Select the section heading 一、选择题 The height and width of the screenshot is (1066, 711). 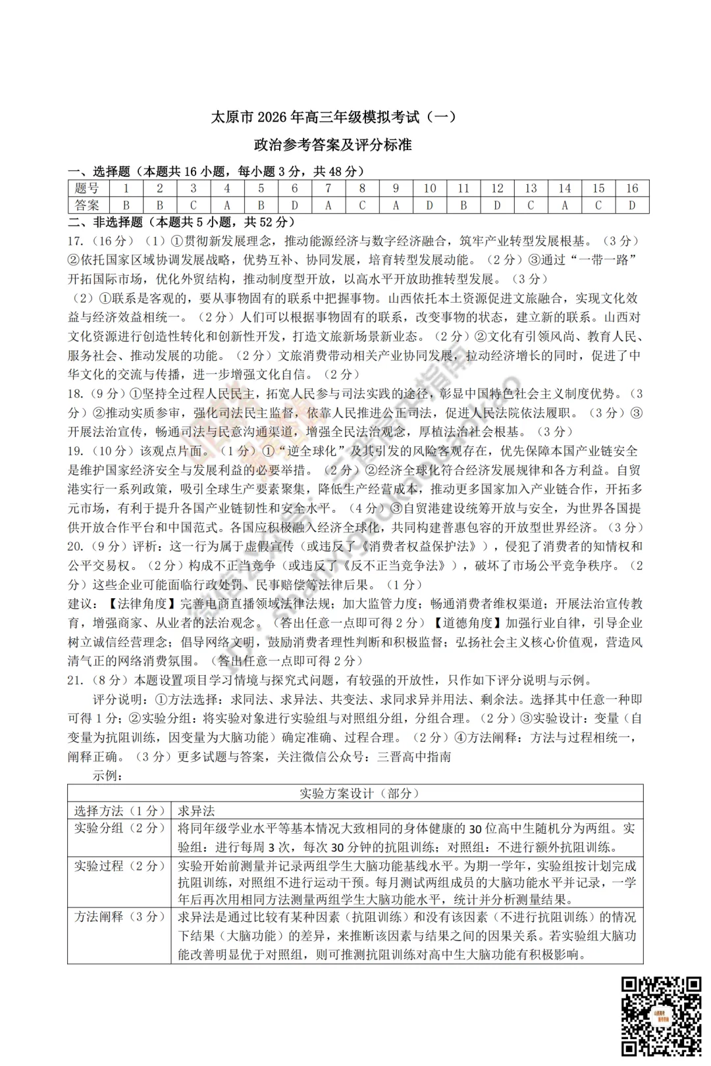click(x=99, y=172)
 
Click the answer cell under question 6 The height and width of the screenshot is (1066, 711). click(x=294, y=205)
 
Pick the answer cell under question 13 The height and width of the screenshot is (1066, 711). click(x=531, y=205)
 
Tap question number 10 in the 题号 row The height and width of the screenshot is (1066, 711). click(x=429, y=188)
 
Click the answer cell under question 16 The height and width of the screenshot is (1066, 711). click(x=632, y=205)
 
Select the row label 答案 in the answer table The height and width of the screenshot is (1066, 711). click(x=88, y=205)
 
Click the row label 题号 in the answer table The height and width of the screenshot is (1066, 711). click(x=88, y=188)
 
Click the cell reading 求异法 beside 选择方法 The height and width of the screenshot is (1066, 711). click(x=196, y=811)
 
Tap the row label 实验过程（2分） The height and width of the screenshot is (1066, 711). click(x=118, y=865)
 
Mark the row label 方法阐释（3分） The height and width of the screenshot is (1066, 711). click(x=118, y=917)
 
